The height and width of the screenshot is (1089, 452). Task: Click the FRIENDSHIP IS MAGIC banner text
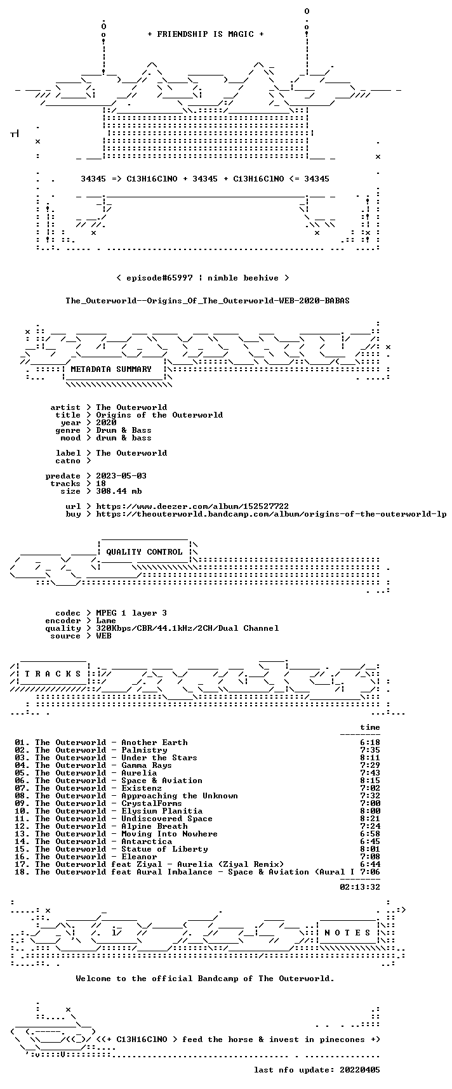point(205,34)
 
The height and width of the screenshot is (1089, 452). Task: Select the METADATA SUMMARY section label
point(111,369)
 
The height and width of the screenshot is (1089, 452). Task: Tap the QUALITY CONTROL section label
point(144,552)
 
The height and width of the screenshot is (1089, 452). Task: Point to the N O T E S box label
point(347,933)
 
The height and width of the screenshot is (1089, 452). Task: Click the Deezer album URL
point(192,506)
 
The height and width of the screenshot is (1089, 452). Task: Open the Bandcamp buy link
point(271,514)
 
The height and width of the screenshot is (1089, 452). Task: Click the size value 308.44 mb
point(119,491)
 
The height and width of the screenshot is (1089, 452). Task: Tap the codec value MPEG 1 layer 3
point(131,613)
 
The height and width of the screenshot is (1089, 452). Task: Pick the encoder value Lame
point(106,621)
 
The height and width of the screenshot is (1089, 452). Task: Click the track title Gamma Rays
point(147,765)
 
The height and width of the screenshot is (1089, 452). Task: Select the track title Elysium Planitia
point(162,811)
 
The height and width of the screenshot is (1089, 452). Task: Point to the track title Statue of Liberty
point(164,849)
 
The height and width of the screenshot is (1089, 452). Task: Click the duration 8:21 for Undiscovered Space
point(370,819)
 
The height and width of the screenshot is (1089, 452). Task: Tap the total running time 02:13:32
point(360,887)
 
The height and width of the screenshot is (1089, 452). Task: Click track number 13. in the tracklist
point(22,834)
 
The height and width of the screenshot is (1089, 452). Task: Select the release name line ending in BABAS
point(208,301)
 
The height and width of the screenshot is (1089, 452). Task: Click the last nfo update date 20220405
point(360,1070)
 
